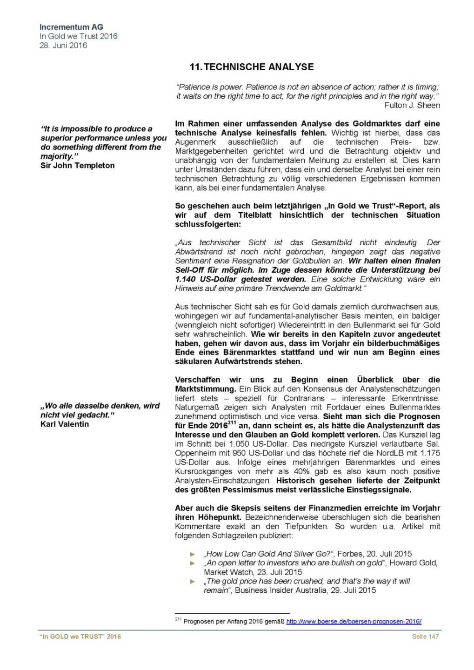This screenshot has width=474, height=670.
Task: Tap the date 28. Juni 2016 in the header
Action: [63, 45]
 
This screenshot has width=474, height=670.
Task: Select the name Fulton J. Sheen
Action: [412, 105]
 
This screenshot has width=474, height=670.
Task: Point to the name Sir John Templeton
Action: [77, 165]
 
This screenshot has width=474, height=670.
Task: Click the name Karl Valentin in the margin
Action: [64, 424]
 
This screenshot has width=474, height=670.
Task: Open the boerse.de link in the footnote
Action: [354, 621]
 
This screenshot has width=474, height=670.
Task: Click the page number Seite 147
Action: [425, 636]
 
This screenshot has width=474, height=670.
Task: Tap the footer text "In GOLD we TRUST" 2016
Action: [80, 636]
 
